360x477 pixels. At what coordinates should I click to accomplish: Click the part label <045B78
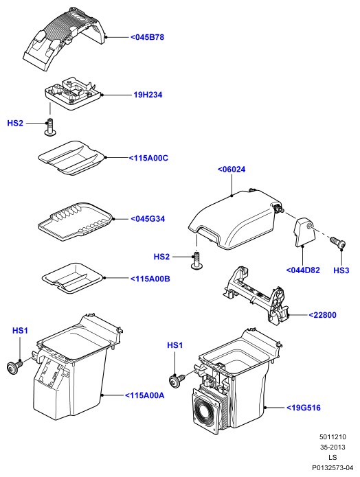148,37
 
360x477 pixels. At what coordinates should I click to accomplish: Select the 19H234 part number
148,95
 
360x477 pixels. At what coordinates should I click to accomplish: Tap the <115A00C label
148,158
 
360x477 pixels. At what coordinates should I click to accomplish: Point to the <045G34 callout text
148,219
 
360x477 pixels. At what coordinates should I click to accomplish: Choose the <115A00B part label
150,279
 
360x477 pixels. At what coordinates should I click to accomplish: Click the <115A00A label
145,395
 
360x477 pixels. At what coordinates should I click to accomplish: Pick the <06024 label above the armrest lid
232,170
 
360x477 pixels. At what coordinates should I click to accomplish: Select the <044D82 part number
303,270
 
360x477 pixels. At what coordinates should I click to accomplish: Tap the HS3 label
341,270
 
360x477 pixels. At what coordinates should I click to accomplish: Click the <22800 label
322,315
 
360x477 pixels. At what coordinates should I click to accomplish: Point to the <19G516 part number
304,408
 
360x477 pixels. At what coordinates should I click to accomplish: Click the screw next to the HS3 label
338,242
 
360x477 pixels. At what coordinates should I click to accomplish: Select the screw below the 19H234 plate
50,128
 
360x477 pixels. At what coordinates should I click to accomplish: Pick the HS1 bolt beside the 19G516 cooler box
177,380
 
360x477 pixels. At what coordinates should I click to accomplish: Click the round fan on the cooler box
206,412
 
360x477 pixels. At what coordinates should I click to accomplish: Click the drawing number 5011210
333,437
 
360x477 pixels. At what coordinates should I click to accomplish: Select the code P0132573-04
333,467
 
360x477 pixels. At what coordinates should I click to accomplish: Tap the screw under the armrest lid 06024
196,261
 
